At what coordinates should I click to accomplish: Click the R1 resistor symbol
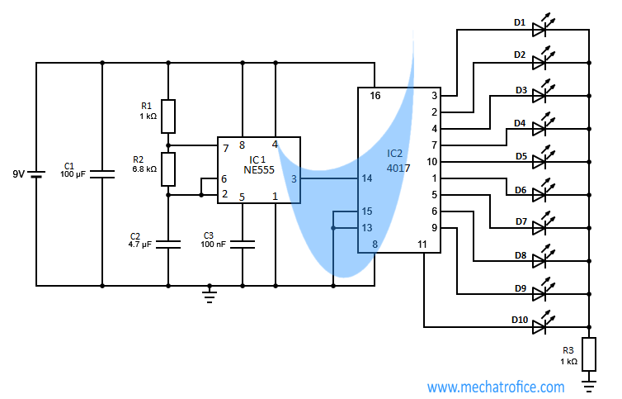168,116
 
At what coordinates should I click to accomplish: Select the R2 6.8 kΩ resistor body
168,169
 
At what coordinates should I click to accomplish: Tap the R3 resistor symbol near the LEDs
589,354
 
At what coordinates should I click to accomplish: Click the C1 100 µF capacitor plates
102,174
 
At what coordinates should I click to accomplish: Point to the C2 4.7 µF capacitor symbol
168,245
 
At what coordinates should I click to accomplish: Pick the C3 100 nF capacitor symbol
243,245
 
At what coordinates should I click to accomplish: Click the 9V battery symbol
36,174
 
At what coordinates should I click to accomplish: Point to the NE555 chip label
259,170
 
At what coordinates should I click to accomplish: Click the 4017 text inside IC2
398,169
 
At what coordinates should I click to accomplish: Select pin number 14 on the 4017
367,178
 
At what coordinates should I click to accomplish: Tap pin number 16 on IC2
375,96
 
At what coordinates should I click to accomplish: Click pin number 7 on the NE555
226,149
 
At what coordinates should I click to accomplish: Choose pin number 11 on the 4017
422,245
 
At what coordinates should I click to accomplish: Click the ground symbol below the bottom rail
210,294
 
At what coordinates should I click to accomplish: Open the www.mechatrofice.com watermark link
496,387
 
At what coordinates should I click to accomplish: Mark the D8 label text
521,255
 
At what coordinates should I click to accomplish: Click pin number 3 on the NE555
294,179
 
